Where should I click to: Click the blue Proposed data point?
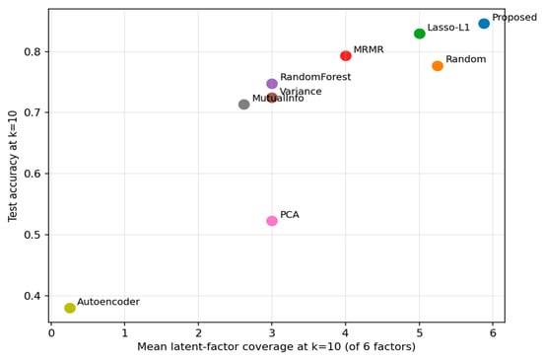pos(484,24)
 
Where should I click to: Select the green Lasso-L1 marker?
pos(420,34)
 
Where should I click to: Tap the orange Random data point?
pos(438,66)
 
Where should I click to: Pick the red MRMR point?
pos(346,55)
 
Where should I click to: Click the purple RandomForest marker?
pos(272,84)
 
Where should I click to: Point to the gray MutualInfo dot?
pos(244,105)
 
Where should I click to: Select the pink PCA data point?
pos(272,221)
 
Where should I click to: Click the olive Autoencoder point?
pos(70,308)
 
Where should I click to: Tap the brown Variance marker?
pos(272,98)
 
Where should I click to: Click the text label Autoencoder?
pos(108,302)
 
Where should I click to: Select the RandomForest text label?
pos(315,77)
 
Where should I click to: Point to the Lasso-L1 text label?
pos(448,28)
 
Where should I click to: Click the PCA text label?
pos(290,215)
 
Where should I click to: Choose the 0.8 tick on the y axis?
pos(33,52)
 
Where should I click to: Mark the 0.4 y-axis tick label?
pos(33,296)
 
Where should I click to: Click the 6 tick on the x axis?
pos(493,333)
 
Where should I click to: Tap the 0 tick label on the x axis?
pos(51,333)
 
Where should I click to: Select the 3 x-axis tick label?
pos(272,333)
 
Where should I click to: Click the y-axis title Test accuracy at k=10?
pos(13,166)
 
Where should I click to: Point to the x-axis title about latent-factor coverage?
pos(277,346)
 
